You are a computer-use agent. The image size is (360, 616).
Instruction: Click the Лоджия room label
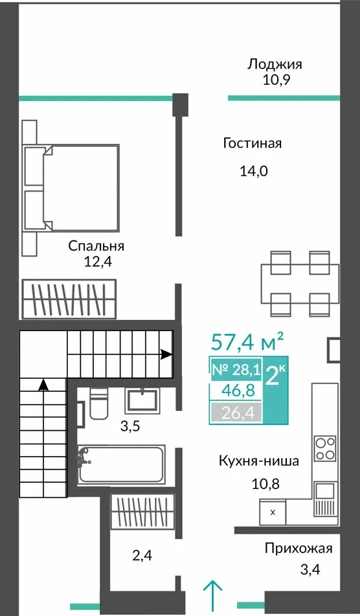(x=275, y=64)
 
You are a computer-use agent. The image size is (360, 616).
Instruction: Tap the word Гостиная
(x=253, y=143)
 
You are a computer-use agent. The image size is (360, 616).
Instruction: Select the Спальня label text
(x=96, y=246)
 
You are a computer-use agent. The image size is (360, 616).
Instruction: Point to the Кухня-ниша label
(x=259, y=461)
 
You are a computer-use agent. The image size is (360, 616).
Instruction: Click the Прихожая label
(x=298, y=548)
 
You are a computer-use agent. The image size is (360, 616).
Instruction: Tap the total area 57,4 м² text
(x=247, y=341)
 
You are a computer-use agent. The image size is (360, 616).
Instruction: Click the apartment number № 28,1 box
(x=236, y=370)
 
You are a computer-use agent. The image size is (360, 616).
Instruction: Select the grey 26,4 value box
(x=236, y=413)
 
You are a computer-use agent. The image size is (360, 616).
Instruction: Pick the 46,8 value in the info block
(x=236, y=391)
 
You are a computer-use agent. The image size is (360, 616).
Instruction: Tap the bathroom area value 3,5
(x=130, y=427)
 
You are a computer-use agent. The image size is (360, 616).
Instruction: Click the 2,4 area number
(x=142, y=556)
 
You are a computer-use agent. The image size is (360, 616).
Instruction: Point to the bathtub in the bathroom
(x=121, y=464)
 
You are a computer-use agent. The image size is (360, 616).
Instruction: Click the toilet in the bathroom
(x=98, y=403)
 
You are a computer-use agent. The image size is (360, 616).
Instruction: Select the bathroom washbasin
(x=142, y=401)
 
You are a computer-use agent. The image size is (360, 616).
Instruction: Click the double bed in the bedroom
(x=71, y=188)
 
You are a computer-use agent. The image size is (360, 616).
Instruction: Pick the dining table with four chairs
(x=300, y=284)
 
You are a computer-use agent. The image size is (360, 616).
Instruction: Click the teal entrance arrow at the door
(x=213, y=591)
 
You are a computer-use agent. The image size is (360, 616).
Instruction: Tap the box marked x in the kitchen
(x=273, y=512)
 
